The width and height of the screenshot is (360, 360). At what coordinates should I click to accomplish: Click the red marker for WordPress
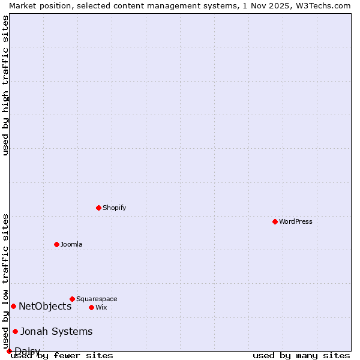(x=275, y=221)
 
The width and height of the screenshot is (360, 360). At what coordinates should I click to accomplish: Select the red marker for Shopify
(x=98, y=208)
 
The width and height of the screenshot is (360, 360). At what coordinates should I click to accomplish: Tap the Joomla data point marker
(x=56, y=244)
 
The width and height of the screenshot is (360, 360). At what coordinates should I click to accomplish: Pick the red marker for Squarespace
(x=72, y=299)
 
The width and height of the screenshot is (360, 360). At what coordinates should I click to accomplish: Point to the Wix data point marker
(x=91, y=307)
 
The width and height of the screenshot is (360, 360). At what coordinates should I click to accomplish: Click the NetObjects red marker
(x=13, y=306)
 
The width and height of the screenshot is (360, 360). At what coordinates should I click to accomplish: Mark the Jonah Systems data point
(x=15, y=331)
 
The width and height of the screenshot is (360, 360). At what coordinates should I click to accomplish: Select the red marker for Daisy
(x=9, y=351)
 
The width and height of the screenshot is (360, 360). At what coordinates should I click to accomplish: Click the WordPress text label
(x=296, y=221)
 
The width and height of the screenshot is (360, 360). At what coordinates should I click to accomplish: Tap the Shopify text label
(x=114, y=208)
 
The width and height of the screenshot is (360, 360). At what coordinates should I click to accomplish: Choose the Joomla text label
(x=71, y=244)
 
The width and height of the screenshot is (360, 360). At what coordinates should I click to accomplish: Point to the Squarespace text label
(x=97, y=299)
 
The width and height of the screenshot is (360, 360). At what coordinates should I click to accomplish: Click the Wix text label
(x=101, y=307)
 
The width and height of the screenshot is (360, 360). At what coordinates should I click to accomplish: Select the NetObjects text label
(x=45, y=306)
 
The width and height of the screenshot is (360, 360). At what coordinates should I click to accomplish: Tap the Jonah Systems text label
(x=56, y=331)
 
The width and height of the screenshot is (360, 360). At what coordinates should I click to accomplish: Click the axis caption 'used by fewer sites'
(x=62, y=355)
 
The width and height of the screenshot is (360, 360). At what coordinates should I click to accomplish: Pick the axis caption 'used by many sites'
(x=301, y=355)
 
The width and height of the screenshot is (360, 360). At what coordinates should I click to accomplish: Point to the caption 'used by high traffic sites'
(x=5, y=85)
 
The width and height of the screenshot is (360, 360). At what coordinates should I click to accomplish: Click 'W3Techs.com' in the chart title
(x=323, y=5)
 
